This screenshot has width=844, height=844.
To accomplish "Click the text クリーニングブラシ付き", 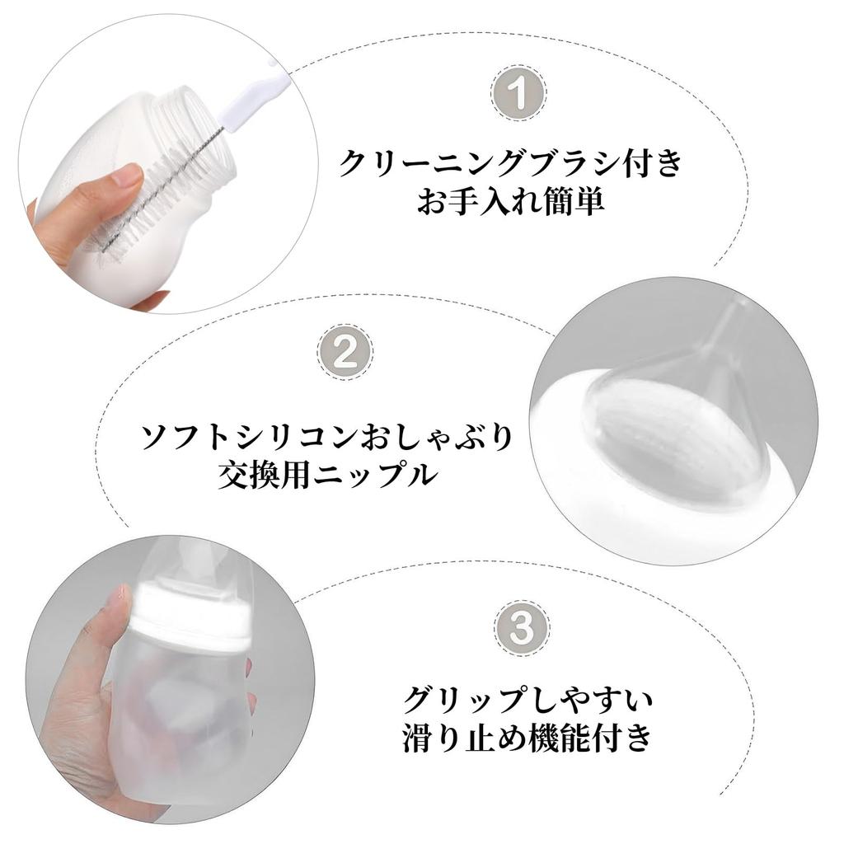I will point(512,163).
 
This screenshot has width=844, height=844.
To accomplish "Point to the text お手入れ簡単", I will point(511,202).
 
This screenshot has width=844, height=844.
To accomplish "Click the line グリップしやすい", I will point(528,701).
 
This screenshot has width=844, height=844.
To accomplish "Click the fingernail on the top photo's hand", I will point(127,175).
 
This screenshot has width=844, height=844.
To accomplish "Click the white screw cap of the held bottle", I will point(194,614).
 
